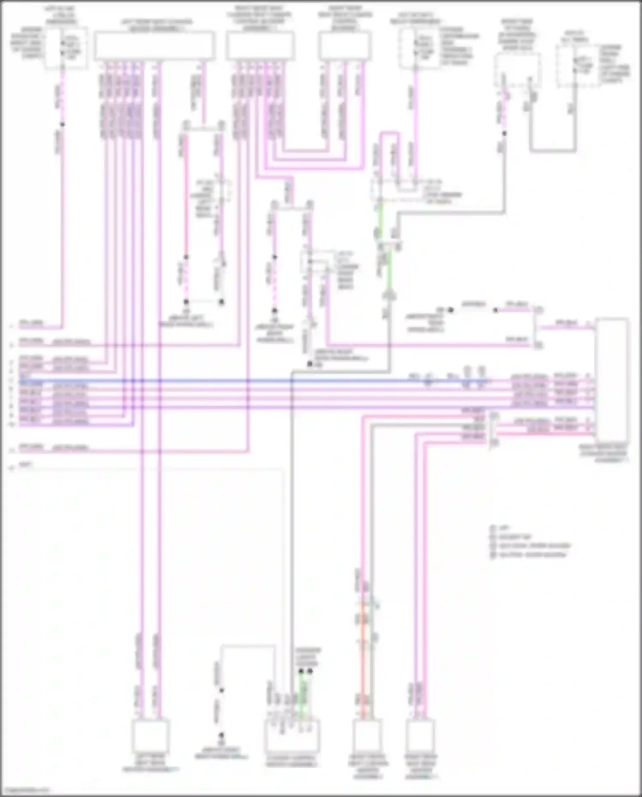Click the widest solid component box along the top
tap(154, 45)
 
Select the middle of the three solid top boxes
tap(260, 45)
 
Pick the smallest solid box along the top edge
tap(345, 45)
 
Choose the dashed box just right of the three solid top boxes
tap(419, 48)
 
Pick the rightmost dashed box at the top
tap(578, 66)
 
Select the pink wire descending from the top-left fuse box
tap(62, 214)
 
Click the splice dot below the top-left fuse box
tap(62, 125)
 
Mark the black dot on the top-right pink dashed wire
tap(504, 134)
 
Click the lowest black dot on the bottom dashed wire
tap(221, 735)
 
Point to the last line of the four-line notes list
tap(531, 555)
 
